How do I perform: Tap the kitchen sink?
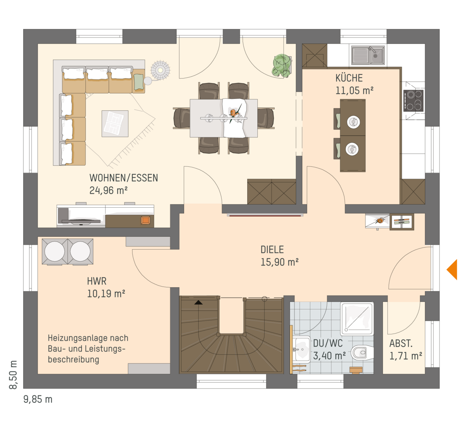368,55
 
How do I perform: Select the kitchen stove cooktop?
413,101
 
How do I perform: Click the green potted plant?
282,65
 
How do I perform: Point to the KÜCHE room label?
349,78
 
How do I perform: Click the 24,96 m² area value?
108,191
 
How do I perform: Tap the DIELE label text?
272,250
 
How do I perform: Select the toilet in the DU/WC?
362,353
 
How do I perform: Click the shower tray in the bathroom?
357,319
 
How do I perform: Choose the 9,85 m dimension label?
38,400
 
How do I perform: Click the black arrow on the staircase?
198,303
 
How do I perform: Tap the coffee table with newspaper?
115,124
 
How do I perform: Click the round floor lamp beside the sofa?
160,70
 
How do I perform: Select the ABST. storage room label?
401,344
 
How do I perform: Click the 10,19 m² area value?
106,294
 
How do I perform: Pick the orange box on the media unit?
146,220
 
